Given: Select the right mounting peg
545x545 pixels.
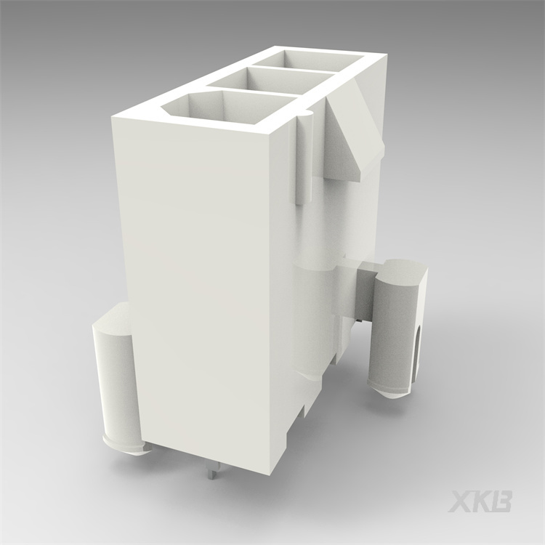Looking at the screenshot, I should point(396,327).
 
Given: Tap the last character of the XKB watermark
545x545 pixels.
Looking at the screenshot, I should point(503,501).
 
